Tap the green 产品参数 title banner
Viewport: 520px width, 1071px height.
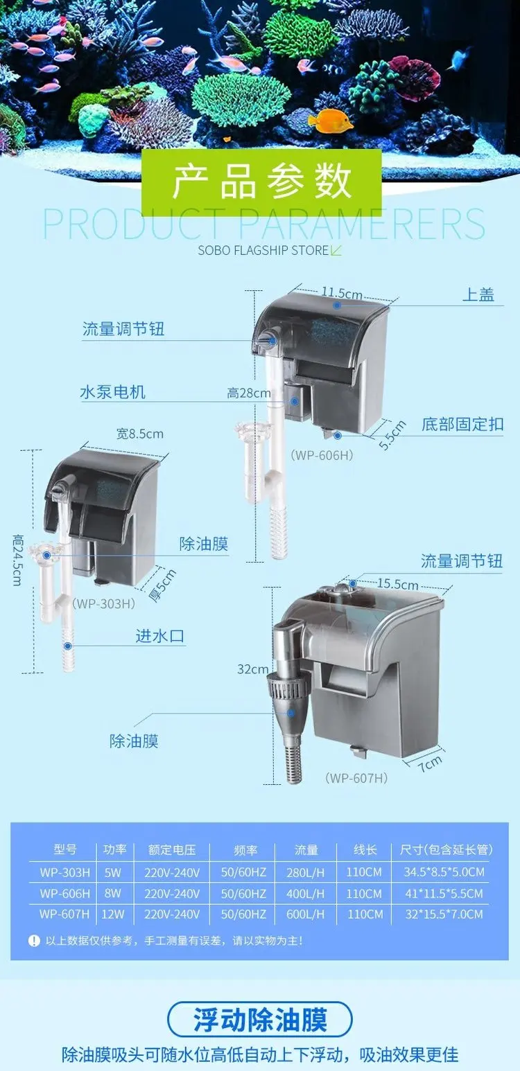[261, 182]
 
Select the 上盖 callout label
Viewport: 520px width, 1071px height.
[478, 295]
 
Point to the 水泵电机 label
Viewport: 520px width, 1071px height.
[112, 392]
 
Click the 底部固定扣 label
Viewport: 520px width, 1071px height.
[462, 424]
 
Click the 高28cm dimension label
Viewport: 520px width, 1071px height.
[249, 393]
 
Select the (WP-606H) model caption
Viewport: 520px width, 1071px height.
[322, 454]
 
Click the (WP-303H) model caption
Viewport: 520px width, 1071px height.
[103, 603]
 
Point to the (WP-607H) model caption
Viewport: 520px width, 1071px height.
[356, 778]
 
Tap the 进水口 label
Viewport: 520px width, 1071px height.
[160, 635]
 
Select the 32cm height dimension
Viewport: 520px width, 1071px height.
[253, 669]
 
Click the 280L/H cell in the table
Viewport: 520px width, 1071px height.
[306, 872]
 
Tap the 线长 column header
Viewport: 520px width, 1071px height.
[365, 849]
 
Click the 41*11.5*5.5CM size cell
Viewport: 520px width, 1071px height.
[444, 894]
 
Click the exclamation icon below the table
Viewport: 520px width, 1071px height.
[34, 941]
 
